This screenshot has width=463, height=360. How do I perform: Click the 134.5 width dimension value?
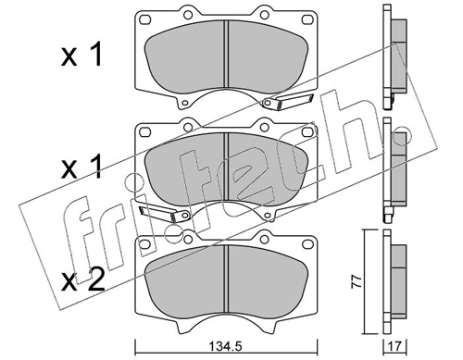[227, 346]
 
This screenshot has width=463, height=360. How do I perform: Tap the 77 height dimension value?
[357, 281]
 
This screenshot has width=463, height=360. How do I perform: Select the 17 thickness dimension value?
[395, 346]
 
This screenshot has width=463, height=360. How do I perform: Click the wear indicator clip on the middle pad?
[164, 214]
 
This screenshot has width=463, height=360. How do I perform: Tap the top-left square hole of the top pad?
[145, 19]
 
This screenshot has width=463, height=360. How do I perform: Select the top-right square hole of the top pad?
[307, 19]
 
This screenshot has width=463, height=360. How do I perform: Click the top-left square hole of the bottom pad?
[145, 244]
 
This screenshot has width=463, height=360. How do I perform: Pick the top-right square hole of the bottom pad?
[307, 244]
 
